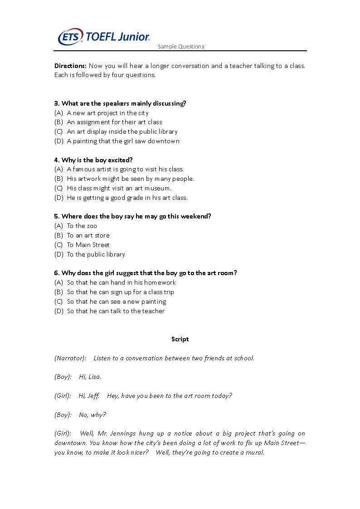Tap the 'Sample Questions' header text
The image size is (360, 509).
click(x=181, y=47)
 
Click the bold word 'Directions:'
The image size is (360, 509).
click(x=70, y=66)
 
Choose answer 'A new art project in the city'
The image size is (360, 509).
click(x=107, y=113)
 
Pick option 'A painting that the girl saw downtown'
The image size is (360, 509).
click(x=123, y=141)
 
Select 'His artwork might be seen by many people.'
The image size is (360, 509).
click(x=130, y=179)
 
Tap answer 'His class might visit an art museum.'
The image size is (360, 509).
click(x=119, y=188)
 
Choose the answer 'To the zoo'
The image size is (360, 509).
click(x=82, y=226)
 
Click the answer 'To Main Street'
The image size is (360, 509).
click(x=88, y=245)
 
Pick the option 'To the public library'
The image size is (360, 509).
click(x=96, y=254)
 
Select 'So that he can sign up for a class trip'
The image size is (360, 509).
click(x=120, y=292)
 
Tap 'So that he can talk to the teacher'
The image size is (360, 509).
click(x=116, y=311)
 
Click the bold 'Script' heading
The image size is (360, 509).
click(x=180, y=339)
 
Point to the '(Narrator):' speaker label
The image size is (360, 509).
click(x=70, y=358)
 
